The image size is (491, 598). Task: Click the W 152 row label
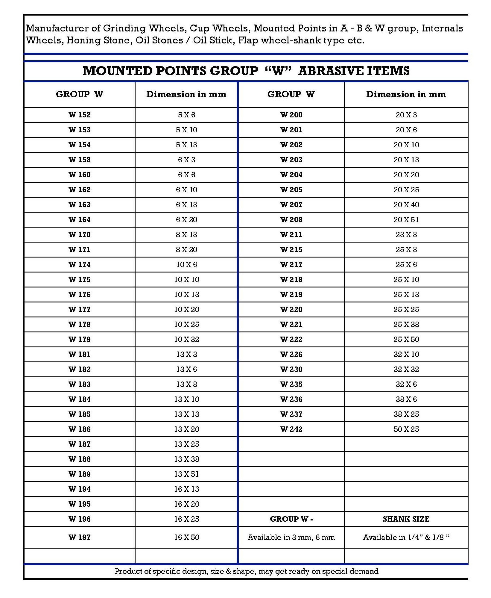point(79,115)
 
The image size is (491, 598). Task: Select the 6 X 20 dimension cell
point(186,220)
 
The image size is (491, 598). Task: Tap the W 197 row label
point(79,537)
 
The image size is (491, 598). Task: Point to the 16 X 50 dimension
point(186,537)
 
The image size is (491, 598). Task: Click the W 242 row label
point(291,429)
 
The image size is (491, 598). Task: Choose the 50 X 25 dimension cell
point(406,429)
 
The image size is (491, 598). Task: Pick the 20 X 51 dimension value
point(406,220)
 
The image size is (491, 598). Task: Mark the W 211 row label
point(291,235)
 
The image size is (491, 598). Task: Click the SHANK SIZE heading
point(406,519)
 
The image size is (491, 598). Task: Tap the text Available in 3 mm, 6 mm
point(291,538)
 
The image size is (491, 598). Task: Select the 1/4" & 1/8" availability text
point(406,538)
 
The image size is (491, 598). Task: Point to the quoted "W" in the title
point(278,71)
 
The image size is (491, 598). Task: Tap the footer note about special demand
point(247,571)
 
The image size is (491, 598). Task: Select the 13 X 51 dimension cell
point(186,474)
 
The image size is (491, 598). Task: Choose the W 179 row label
point(79,340)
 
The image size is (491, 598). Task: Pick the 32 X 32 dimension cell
point(406,370)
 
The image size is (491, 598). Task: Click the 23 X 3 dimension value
point(406,235)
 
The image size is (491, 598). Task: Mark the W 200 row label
point(291,115)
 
